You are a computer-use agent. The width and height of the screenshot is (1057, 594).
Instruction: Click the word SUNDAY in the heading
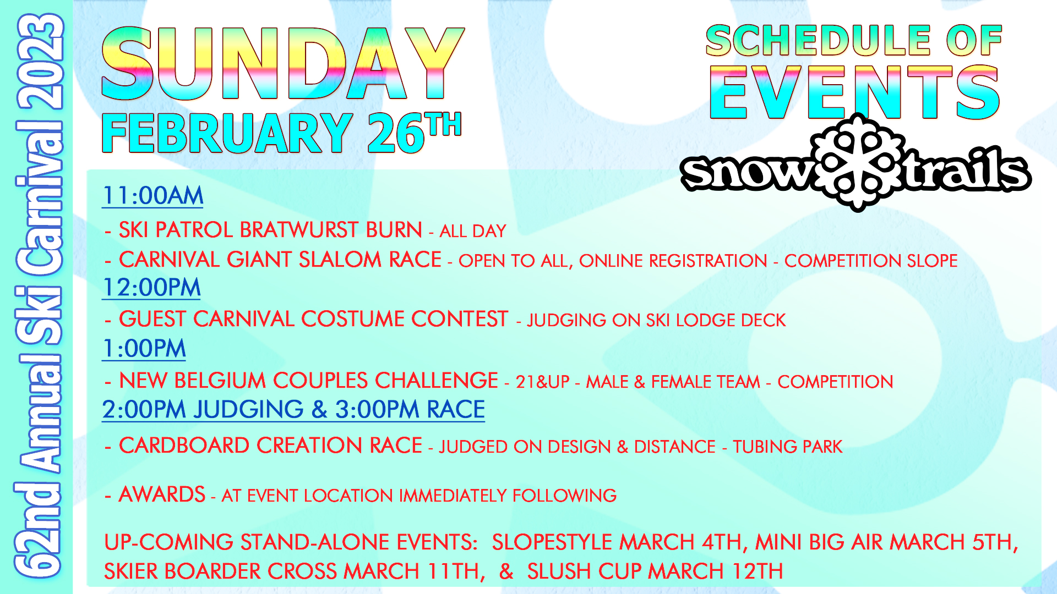[x=283, y=64]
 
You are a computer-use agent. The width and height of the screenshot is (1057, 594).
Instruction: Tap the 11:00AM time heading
[x=152, y=196]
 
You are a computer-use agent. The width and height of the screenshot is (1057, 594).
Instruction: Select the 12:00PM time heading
[x=151, y=288]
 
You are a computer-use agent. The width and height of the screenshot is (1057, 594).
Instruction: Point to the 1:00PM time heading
[x=144, y=349]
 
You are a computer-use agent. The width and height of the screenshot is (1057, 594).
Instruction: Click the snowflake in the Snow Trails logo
[x=858, y=162]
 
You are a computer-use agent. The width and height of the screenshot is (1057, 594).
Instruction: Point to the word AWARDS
[x=162, y=494]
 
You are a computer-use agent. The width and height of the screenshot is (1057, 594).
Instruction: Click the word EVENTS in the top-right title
[x=854, y=92]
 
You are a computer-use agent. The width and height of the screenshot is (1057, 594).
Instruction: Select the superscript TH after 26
[x=443, y=124]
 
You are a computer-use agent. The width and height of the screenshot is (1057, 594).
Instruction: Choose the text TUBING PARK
[x=787, y=447]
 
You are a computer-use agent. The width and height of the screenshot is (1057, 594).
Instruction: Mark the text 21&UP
[x=542, y=382]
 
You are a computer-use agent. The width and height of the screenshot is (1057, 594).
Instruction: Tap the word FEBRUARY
[x=227, y=133]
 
